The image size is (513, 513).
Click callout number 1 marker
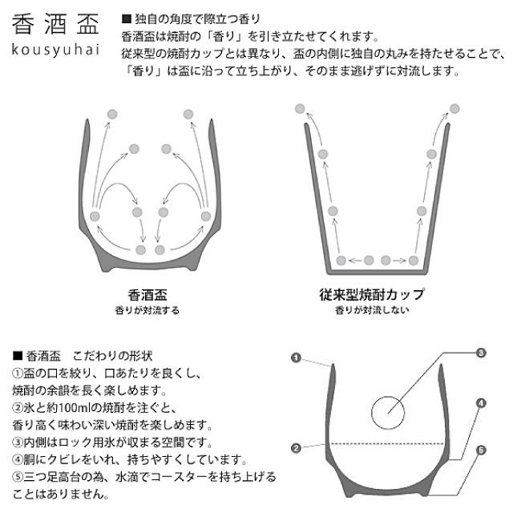pyautogui.click(x=295, y=359)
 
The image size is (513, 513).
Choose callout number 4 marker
pyautogui.click(x=480, y=403)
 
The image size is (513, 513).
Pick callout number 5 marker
pyautogui.click(x=480, y=451)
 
